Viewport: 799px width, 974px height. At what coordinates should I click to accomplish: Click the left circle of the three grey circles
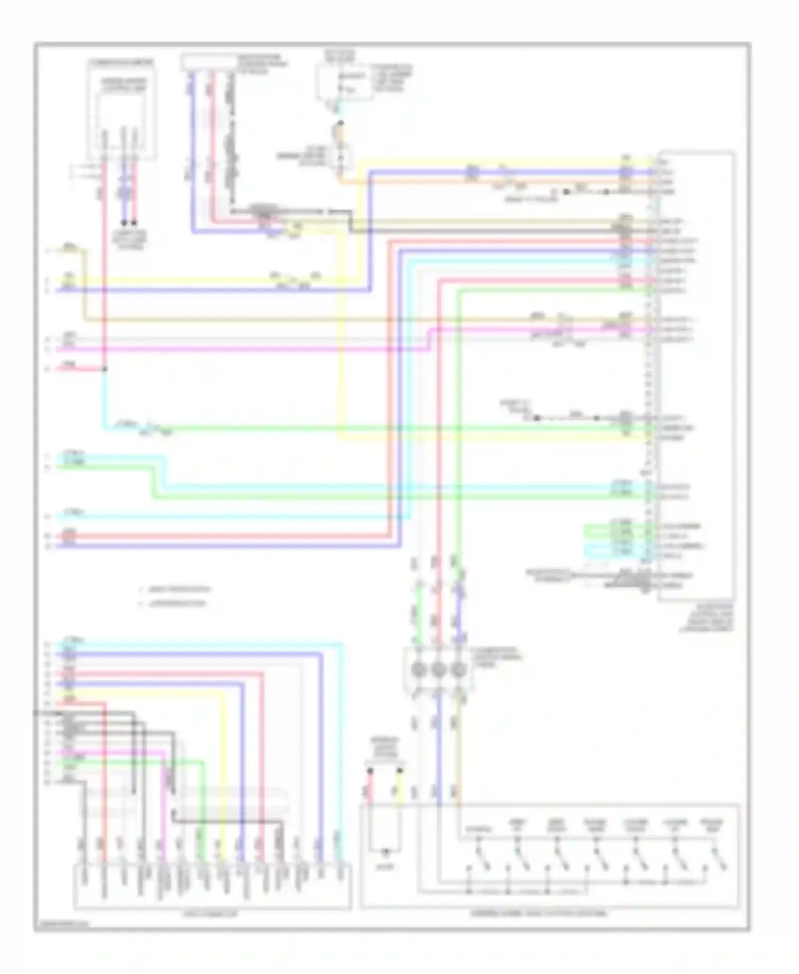[418, 669]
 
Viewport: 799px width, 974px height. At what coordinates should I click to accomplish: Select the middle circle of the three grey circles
[438, 669]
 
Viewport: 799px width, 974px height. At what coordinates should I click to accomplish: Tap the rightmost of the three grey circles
[458, 669]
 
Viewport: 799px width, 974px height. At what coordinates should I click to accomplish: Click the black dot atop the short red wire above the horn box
[370, 770]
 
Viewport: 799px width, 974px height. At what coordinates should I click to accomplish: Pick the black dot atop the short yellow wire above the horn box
[399, 770]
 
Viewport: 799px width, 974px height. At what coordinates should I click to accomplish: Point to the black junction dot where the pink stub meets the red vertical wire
[104, 369]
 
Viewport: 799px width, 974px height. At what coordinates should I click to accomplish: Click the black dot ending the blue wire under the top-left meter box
[124, 223]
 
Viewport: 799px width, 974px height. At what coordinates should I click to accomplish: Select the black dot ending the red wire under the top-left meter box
[134, 223]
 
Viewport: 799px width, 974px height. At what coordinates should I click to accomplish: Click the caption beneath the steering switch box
[538, 913]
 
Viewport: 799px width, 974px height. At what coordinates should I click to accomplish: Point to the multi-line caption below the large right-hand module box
[706, 618]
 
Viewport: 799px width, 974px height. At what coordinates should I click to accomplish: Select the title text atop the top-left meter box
[121, 63]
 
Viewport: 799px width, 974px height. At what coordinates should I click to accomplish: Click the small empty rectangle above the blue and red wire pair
[209, 62]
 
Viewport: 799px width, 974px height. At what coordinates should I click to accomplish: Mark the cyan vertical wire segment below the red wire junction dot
[104, 400]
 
